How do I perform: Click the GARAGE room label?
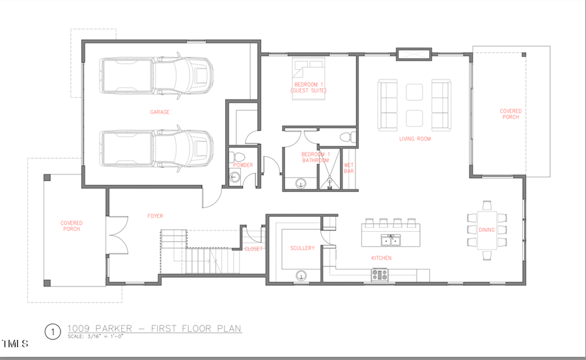[x=160, y=112]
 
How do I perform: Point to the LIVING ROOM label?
[x=415, y=139]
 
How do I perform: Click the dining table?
[x=486, y=230]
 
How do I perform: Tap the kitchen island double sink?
[x=391, y=240]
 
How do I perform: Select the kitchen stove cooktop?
[x=380, y=275]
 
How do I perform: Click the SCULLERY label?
[x=303, y=248]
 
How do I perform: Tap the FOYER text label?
[x=155, y=215]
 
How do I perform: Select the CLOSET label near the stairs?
[x=253, y=249]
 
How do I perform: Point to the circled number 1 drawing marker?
[x=52, y=331]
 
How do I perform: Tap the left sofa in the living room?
[x=388, y=105]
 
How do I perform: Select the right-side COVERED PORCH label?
[x=510, y=115]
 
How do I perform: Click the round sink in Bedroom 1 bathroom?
[x=301, y=184]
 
